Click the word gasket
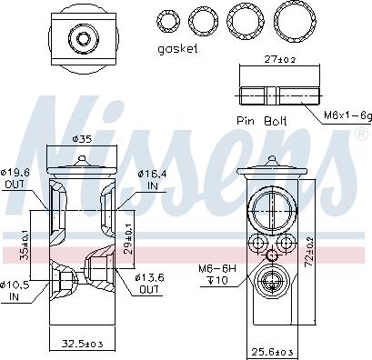tap(177, 49)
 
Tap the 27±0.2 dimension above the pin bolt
tap(279, 59)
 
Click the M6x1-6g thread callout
tap(347, 115)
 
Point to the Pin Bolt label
tap(261, 121)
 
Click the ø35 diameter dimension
tap(82, 139)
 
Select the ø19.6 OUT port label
tap(15, 178)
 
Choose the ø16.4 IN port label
tap(152, 179)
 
